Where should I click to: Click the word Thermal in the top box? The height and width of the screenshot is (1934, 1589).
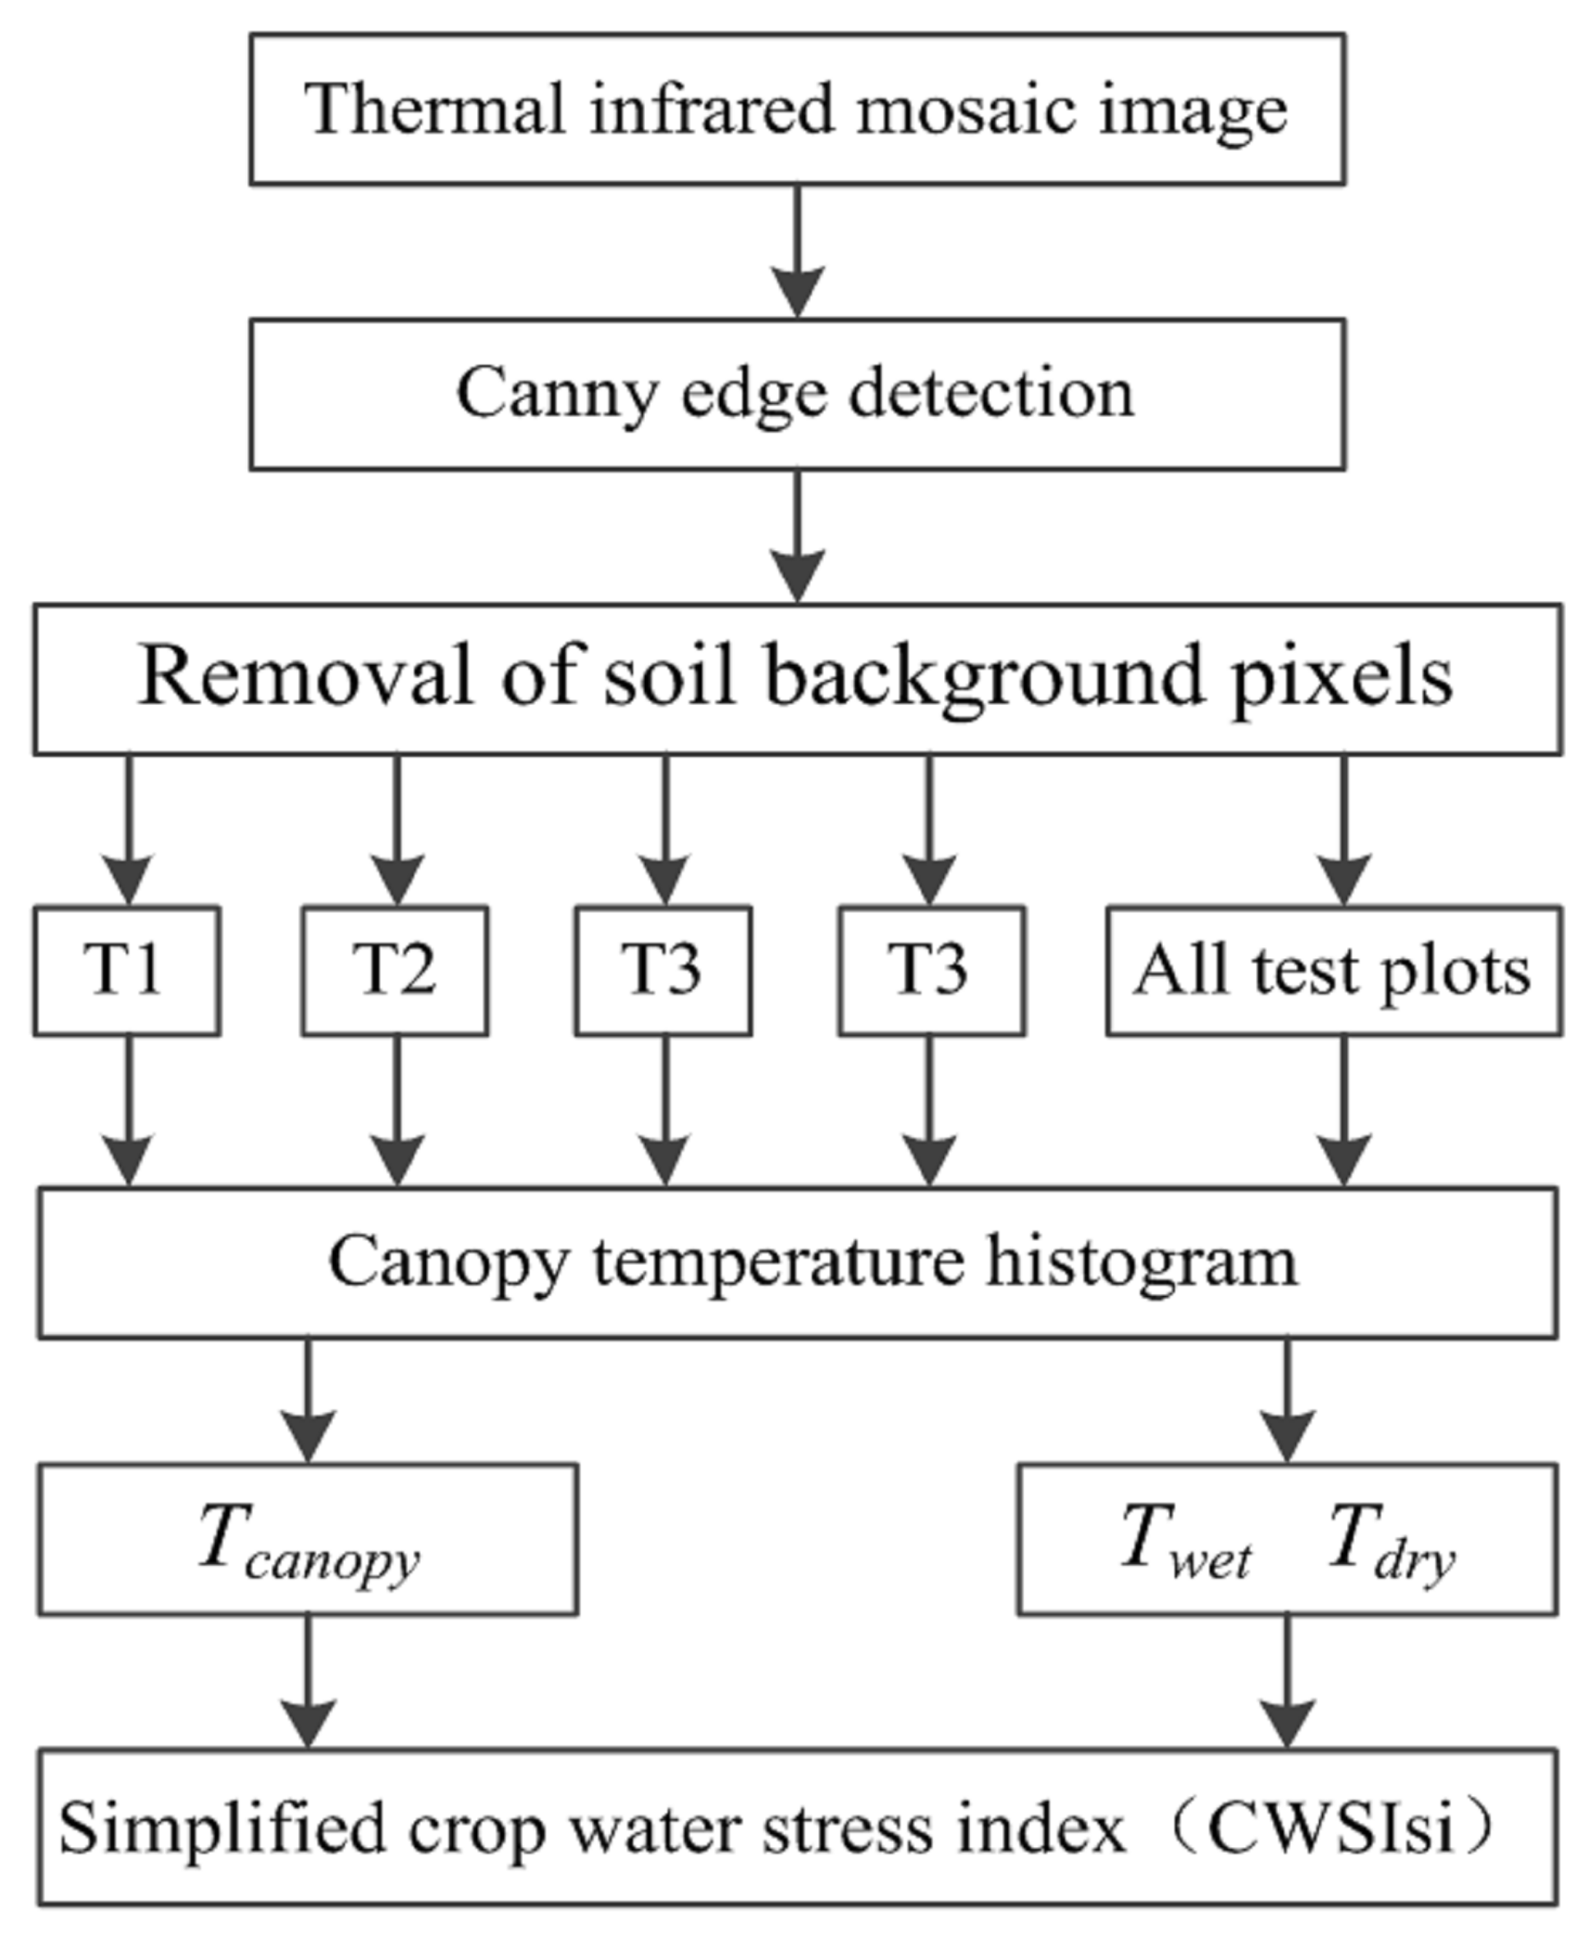[x=434, y=109]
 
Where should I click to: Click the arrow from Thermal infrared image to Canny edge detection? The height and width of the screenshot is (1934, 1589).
[x=797, y=252]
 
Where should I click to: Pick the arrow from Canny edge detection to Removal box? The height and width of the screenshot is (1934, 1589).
[x=797, y=536]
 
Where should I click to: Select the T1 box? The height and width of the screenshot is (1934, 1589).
[x=126, y=970]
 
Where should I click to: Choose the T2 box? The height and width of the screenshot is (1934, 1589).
[x=395, y=970]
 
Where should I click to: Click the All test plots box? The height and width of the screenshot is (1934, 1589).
[x=1333, y=970]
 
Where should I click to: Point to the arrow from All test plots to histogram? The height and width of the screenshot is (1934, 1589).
[x=1343, y=1111]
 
